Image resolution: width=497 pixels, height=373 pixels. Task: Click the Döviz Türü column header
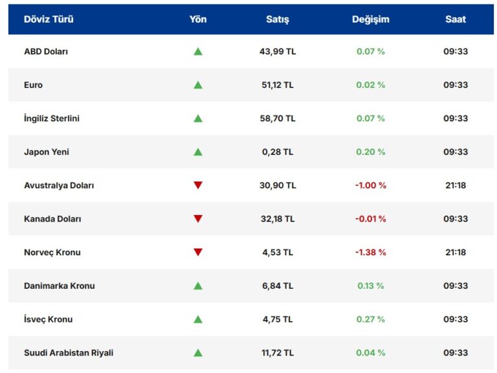(49, 19)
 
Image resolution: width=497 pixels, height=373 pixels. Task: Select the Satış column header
(278, 19)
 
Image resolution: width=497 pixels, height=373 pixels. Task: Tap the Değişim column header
(370, 19)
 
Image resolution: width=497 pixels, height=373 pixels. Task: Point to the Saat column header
(456, 19)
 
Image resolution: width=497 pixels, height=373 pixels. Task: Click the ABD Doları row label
(46, 51)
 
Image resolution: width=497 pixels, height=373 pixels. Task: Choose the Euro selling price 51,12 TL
(278, 85)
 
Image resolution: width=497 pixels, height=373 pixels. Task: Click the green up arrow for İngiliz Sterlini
(198, 119)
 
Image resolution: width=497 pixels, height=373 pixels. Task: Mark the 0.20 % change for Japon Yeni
(370, 152)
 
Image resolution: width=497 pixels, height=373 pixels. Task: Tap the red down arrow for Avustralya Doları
(198, 185)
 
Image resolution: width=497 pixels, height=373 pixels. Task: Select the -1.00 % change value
(370, 185)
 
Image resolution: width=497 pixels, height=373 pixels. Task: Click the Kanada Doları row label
(52, 219)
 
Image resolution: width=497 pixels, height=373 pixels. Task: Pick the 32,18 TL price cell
(278, 219)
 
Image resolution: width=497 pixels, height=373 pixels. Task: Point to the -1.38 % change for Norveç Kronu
(370, 253)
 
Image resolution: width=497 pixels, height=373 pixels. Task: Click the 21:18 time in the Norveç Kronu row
(456, 253)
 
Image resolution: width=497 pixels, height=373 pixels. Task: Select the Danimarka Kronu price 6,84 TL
(278, 286)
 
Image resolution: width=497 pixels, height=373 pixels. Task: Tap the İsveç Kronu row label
(48, 319)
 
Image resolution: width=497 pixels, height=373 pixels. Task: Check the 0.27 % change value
(370, 319)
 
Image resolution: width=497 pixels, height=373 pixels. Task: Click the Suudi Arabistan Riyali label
(69, 353)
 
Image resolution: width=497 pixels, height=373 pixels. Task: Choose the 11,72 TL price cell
(278, 353)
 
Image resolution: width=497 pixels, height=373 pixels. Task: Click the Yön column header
(198, 19)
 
